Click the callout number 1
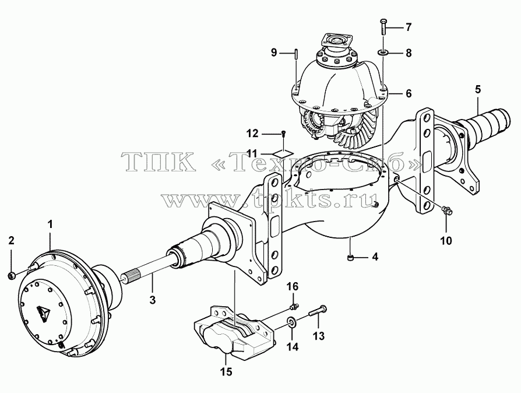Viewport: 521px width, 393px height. (x=50, y=224)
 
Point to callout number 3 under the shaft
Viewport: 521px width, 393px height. (x=152, y=300)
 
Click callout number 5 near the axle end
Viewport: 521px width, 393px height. (x=478, y=89)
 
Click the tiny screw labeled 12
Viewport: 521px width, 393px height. (x=283, y=134)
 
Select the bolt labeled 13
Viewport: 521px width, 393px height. (x=318, y=311)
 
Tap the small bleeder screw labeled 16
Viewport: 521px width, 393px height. (x=295, y=305)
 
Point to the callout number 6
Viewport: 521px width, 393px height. (x=409, y=93)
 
